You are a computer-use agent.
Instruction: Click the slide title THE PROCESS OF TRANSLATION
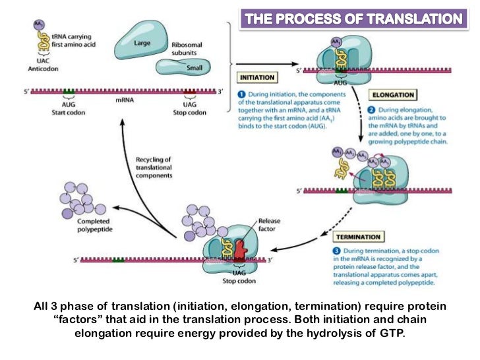(351, 19)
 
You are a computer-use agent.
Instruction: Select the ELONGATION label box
(393, 94)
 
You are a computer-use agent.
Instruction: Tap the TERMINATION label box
(359, 236)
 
